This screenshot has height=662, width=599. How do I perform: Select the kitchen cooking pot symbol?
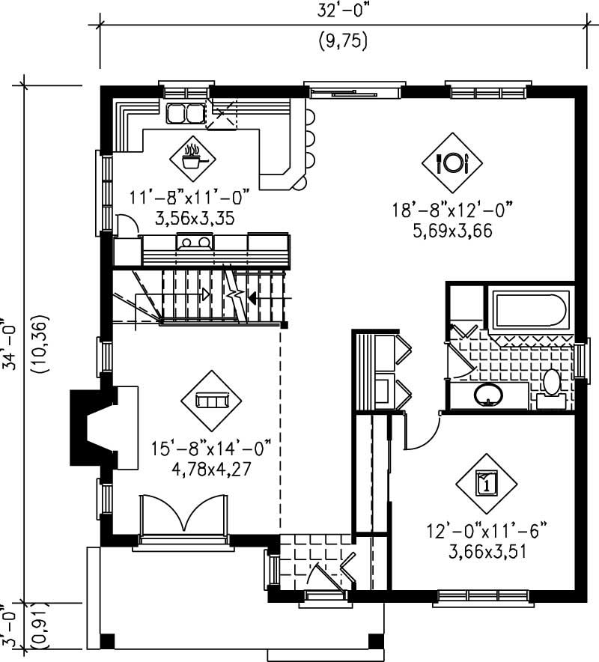(193, 155)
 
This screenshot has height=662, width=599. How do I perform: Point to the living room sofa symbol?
(210, 401)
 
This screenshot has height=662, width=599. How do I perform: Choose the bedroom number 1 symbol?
(487, 482)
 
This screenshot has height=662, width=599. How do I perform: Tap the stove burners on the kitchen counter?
(195, 242)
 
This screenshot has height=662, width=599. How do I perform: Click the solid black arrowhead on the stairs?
(252, 299)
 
